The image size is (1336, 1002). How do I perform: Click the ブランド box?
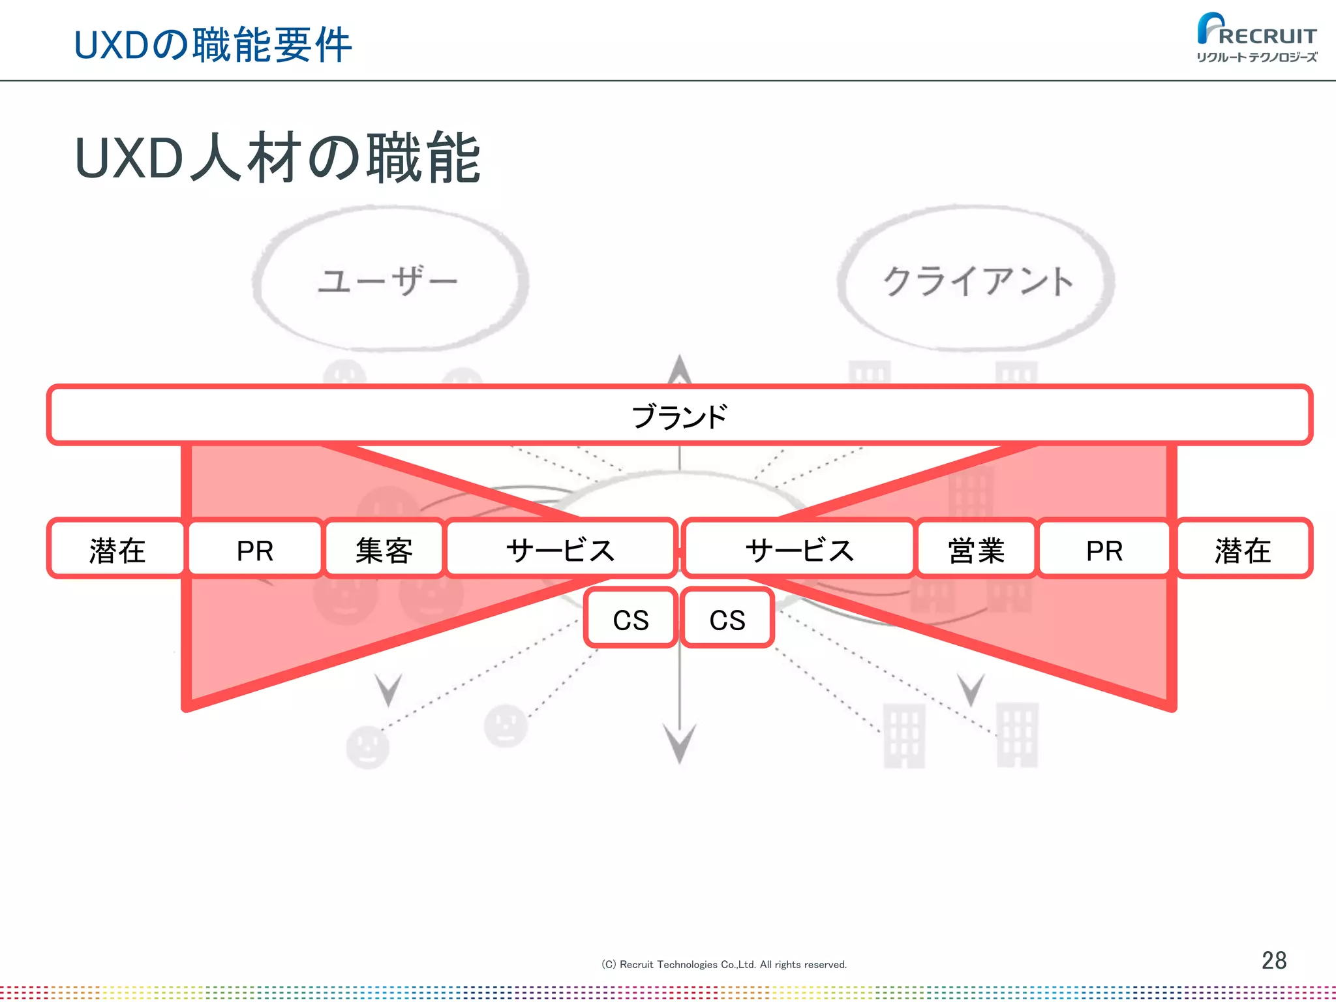click(x=679, y=416)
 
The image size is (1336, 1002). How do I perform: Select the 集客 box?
click(x=384, y=549)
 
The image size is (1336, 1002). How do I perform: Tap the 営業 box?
click(x=976, y=549)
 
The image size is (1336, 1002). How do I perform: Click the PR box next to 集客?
click(x=255, y=549)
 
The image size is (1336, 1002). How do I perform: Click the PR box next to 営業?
click(x=1104, y=549)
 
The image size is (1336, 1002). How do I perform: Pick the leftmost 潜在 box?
click(x=117, y=549)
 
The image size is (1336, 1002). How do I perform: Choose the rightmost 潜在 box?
click(x=1243, y=549)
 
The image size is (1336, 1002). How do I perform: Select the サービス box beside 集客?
click(x=560, y=549)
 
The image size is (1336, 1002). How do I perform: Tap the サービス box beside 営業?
click(x=799, y=549)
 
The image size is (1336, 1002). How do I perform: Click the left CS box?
click(x=631, y=618)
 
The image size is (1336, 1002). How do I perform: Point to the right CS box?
click(x=727, y=618)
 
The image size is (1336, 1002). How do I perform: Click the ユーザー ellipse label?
click(x=389, y=281)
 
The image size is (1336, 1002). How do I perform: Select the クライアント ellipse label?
click(x=977, y=281)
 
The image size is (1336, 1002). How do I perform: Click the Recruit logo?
click(x=1256, y=38)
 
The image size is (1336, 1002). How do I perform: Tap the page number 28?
click(x=1273, y=960)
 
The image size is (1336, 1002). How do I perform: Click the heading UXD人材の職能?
click(x=278, y=158)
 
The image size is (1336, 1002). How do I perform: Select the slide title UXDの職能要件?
click(x=213, y=45)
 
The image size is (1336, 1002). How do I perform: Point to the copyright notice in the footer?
click(x=723, y=964)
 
